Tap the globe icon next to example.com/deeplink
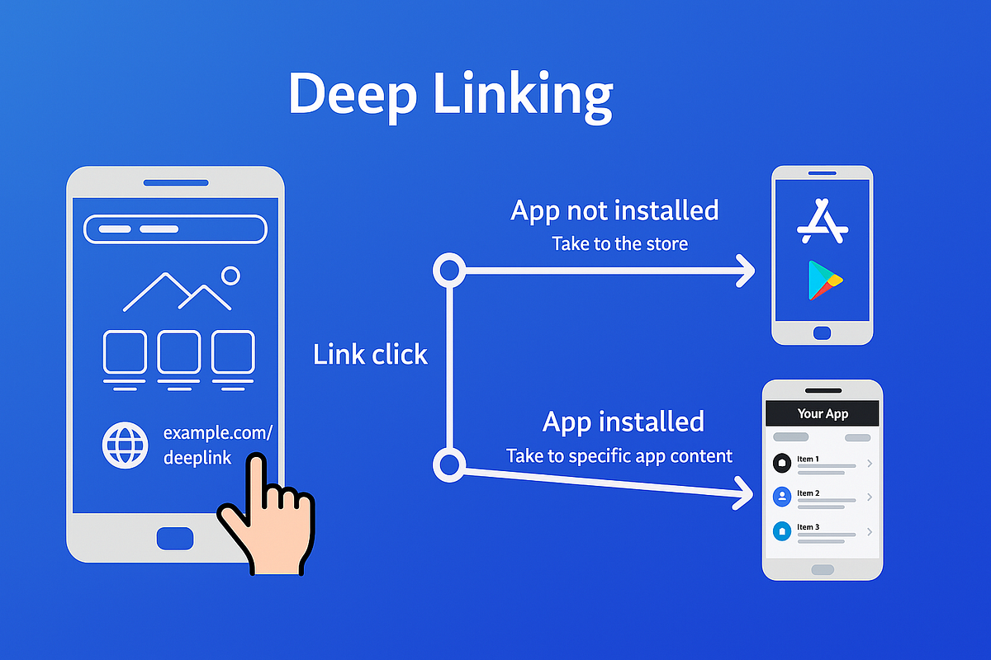pyautogui.click(x=125, y=445)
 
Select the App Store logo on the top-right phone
pyautogui.click(x=822, y=220)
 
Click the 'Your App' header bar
pyautogui.click(x=823, y=413)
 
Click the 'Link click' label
pyautogui.click(x=370, y=355)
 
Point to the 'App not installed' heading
pyautogui.click(x=614, y=210)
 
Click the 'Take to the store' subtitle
pyautogui.click(x=619, y=244)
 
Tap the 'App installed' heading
pyautogui.click(x=623, y=422)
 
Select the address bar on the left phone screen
pyautogui.click(x=175, y=229)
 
